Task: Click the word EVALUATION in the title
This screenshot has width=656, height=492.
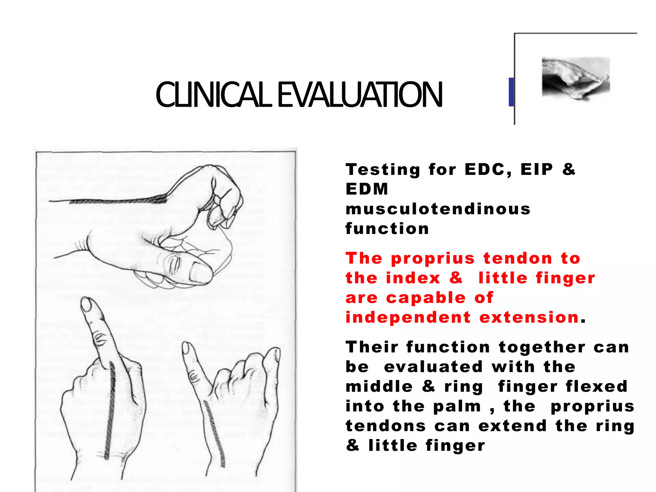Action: (x=359, y=95)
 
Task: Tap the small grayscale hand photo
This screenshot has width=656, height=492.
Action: (x=576, y=78)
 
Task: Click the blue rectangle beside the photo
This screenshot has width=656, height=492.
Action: (x=511, y=92)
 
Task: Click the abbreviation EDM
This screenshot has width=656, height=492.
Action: (x=367, y=189)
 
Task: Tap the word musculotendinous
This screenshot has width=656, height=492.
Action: (x=438, y=209)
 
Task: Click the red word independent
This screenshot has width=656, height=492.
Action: (x=408, y=317)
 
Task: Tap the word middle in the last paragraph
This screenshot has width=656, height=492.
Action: (x=379, y=386)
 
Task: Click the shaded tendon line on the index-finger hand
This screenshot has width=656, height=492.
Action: (x=110, y=410)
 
